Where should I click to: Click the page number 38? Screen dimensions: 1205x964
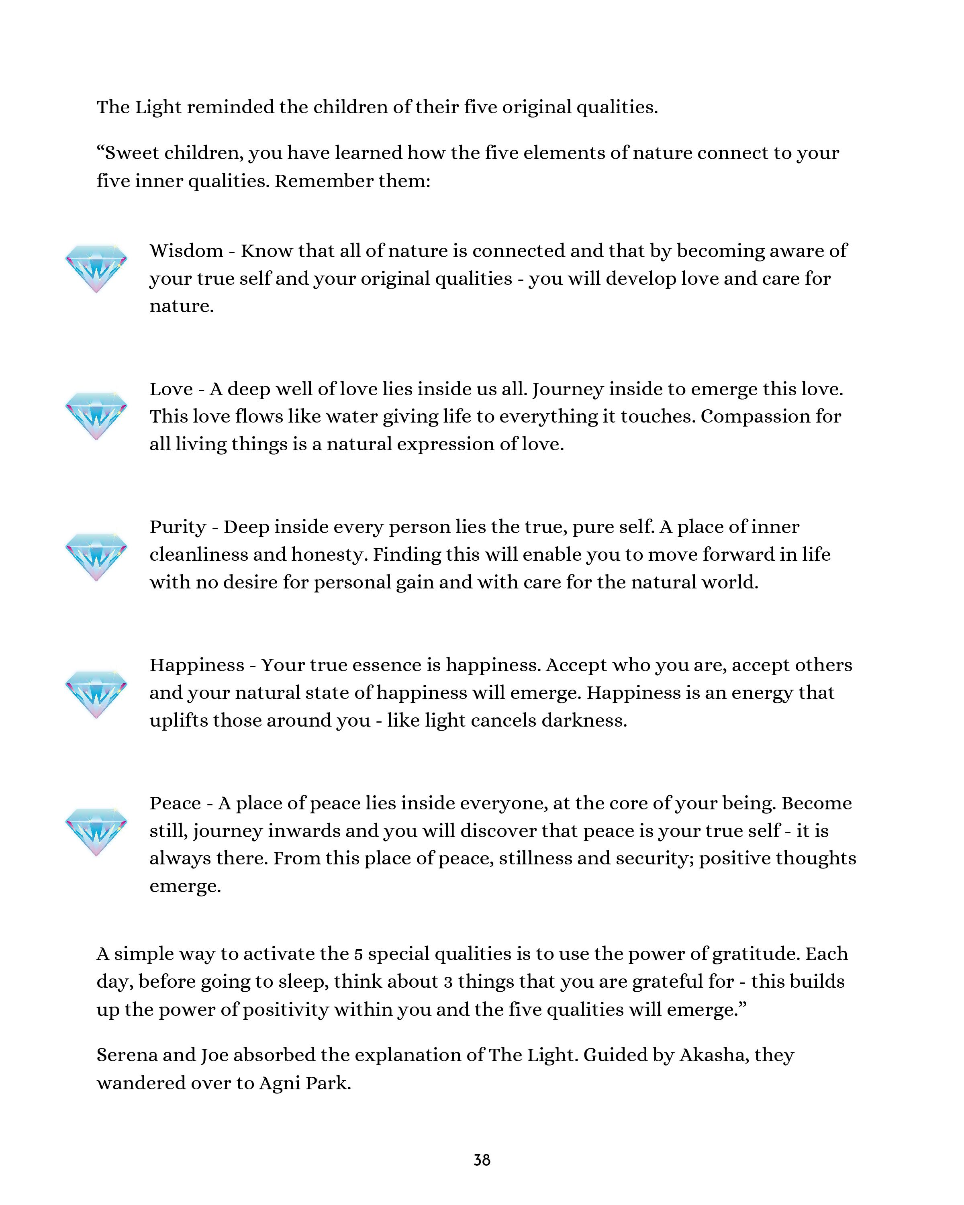click(482, 1160)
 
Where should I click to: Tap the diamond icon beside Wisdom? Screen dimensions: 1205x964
click(96, 268)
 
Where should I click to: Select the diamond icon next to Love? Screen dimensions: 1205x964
click(96, 415)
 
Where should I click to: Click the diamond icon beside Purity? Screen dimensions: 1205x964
click(96, 556)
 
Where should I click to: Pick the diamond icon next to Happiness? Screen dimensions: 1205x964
click(96, 694)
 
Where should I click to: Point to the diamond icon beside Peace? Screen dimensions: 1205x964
click(96, 831)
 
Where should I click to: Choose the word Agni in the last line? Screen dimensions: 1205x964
click(277, 1083)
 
